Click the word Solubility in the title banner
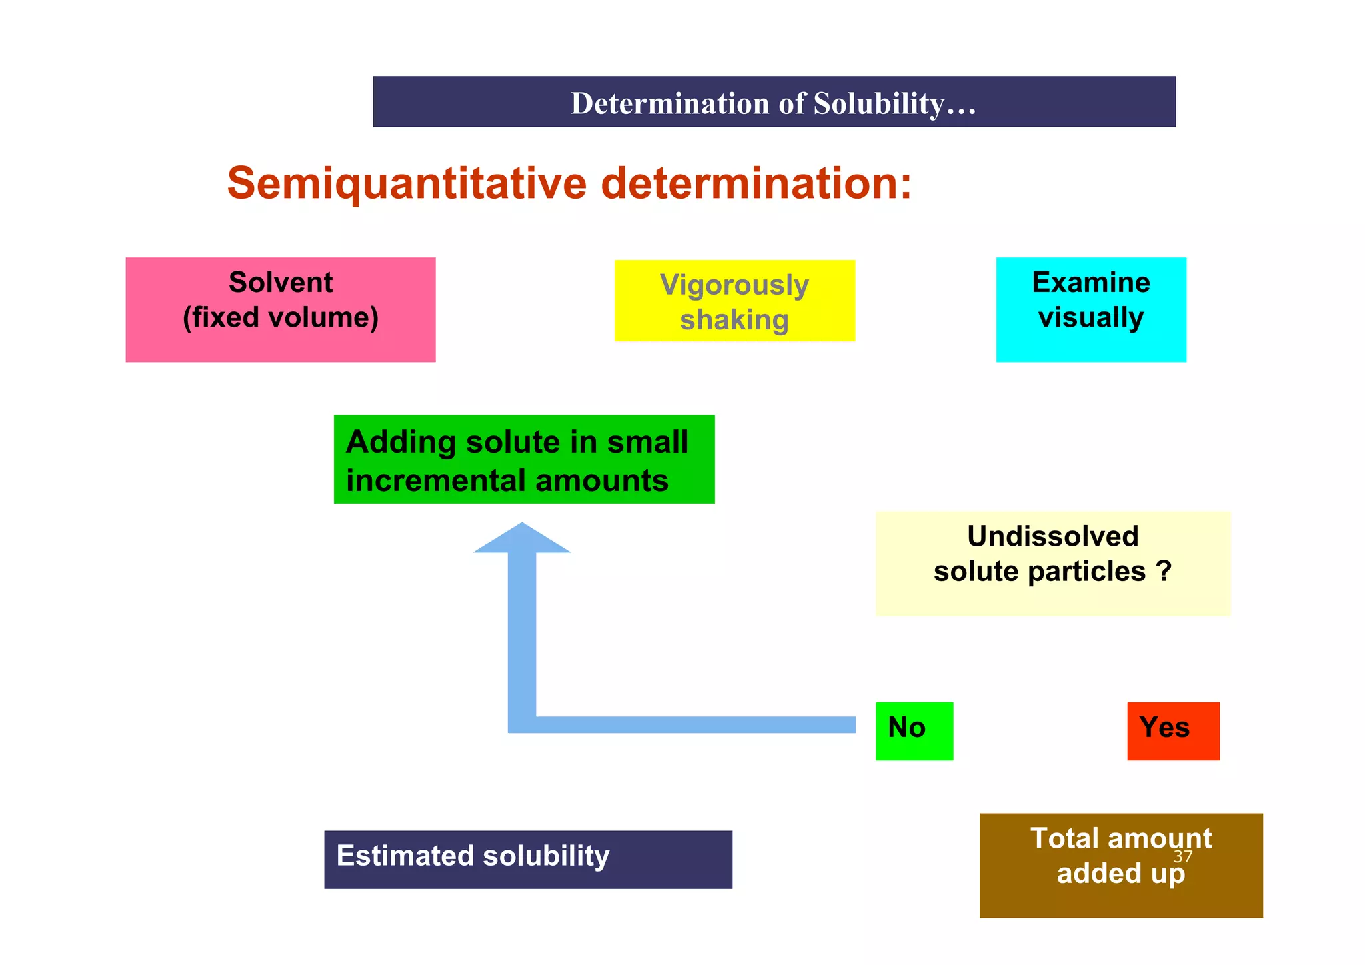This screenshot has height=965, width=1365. tap(878, 104)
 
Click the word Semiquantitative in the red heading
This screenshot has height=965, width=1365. tap(407, 183)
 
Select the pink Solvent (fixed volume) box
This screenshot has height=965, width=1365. tap(281, 310)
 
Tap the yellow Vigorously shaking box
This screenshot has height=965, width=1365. tap(734, 301)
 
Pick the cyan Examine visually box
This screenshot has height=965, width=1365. tap(1091, 310)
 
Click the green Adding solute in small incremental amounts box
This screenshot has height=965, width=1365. tap(524, 460)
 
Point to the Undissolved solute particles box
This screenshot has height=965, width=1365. tap(1052, 564)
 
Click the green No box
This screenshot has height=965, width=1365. tap(914, 731)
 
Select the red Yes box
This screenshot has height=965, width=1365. tap(1173, 731)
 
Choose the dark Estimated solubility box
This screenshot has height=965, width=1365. tap(528, 860)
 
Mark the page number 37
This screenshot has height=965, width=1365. tap(1183, 856)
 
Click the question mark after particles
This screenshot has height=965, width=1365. tap(1164, 572)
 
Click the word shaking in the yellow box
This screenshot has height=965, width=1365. tap(734, 320)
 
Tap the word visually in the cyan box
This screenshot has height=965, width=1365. tap(1091, 317)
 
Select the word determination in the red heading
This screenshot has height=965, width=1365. tap(755, 183)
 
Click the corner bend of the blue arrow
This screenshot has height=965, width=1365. tap(522, 724)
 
